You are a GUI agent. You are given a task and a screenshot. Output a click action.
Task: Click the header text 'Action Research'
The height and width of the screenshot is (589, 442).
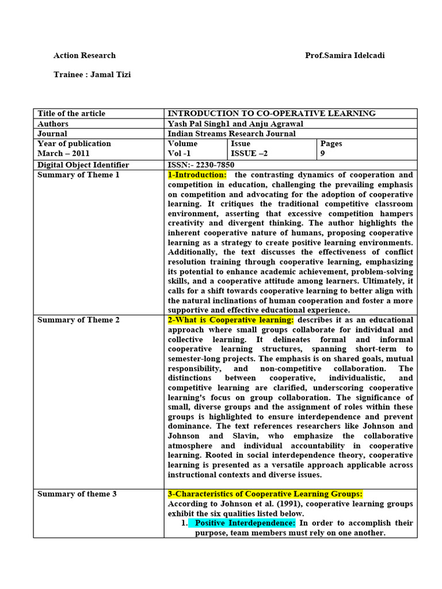[85, 56]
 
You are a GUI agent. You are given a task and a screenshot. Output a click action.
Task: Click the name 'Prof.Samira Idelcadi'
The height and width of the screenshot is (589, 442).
[345, 56]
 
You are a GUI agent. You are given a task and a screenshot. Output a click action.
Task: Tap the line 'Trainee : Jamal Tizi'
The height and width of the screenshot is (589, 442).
[92, 75]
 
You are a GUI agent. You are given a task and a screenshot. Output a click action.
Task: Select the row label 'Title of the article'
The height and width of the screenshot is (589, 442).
[71, 114]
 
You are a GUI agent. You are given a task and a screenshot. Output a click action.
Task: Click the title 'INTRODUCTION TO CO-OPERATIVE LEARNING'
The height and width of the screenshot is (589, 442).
[272, 114]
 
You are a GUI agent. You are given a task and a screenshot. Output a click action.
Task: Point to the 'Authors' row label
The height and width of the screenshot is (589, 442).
[53, 124]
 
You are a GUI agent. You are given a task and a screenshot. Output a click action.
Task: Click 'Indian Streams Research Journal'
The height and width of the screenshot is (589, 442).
[231, 134]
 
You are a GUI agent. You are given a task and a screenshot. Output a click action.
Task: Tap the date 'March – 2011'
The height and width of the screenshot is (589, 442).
[63, 154]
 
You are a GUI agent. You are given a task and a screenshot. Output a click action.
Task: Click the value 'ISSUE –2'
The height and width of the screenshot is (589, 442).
[249, 154]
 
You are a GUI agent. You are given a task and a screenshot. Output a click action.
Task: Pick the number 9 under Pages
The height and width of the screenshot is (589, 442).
[323, 154]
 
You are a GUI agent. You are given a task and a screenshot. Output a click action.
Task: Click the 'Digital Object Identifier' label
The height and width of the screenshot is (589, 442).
[83, 165]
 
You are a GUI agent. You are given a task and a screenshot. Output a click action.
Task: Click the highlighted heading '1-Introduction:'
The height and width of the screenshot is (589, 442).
[197, 175]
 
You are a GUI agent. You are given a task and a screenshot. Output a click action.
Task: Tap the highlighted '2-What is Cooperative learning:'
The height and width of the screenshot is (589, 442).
[231, 320]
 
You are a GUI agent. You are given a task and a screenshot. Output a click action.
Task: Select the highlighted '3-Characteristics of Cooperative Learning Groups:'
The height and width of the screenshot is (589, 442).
[265, 494]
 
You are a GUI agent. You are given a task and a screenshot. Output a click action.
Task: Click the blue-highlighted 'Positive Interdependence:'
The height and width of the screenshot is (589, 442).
[245, 523]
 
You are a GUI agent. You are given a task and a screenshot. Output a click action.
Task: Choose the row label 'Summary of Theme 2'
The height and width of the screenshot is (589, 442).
[79, 320]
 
